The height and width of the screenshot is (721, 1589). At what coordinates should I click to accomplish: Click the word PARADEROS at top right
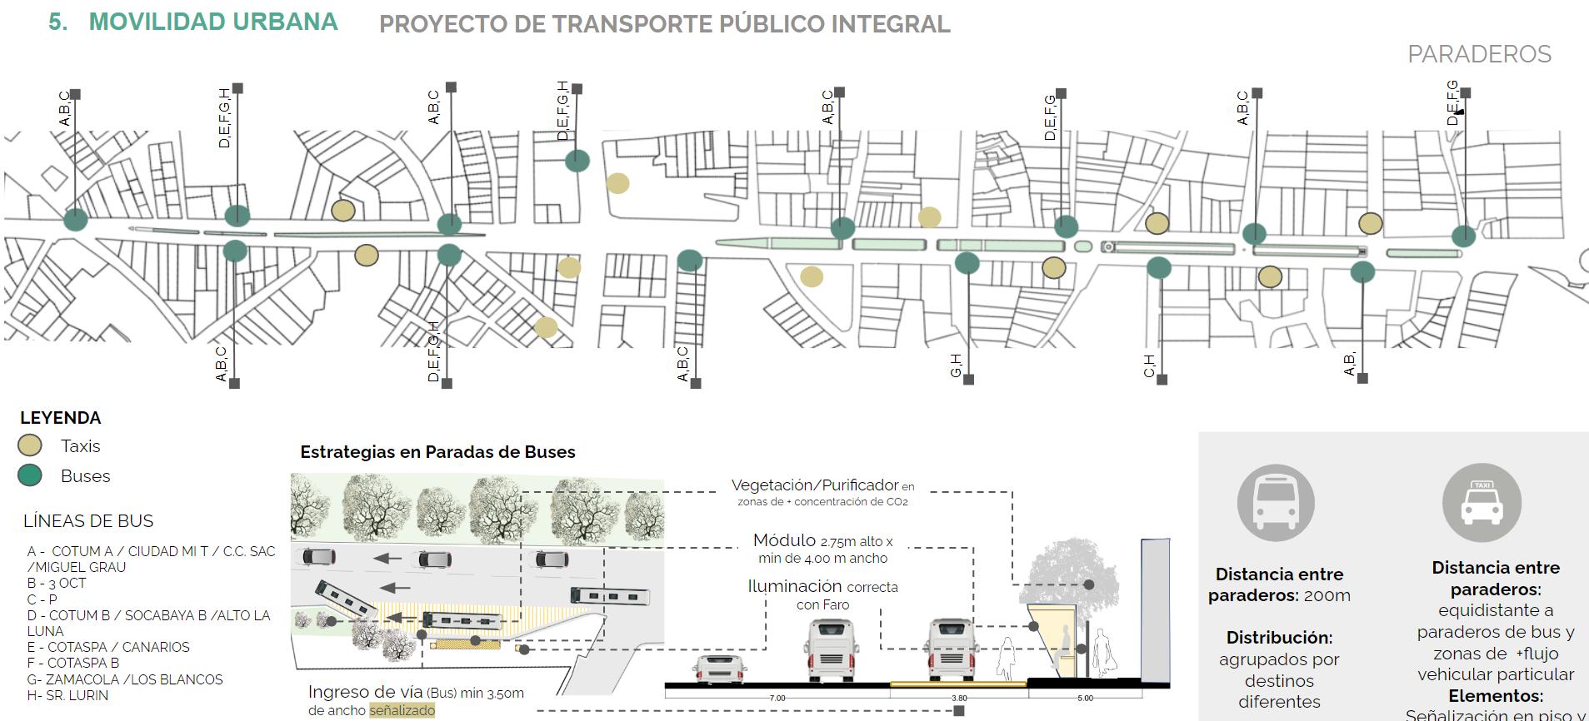[x=1479, y=54]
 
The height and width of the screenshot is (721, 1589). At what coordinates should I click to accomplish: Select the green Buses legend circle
[x=30, y=475]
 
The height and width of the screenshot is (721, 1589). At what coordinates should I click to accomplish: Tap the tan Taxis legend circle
[x=30, y=445]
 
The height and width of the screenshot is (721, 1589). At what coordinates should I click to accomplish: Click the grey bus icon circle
[x=1276, y=503]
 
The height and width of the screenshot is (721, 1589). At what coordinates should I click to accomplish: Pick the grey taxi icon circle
[x=1482, y=503]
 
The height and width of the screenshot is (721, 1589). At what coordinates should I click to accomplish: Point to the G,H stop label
[x=957, y=365]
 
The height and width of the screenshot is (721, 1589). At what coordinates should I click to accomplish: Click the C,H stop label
[x=1150, y=365]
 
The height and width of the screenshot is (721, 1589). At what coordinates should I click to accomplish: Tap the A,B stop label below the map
[x=1350, y=364]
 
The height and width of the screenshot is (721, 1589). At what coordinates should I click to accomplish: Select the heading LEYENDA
[x=60, y=418]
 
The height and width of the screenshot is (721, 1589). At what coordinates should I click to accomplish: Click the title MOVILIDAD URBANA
[x=212, y=22]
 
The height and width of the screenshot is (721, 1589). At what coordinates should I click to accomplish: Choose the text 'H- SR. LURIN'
[x=67, y=695]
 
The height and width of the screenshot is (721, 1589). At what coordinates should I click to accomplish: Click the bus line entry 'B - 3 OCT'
[x=57, y=583]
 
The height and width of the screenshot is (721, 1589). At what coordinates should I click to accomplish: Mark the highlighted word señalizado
[x=402, y=711]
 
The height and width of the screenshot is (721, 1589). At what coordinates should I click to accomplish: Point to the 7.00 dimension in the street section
[x=777, y=698]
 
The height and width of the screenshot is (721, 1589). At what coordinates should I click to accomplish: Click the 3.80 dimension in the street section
[x=959, y=698]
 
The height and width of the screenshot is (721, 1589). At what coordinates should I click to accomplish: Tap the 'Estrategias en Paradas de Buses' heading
[x=437, y=452]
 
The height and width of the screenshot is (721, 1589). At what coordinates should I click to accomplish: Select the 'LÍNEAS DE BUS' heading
[x=88, y=521]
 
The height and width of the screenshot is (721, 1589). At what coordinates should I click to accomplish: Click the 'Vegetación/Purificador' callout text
[x=815, y=485]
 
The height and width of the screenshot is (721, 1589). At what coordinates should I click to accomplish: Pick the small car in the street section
[x=719, y=669]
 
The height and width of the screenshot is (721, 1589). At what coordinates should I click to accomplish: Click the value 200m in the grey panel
[x=1327, y=595]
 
